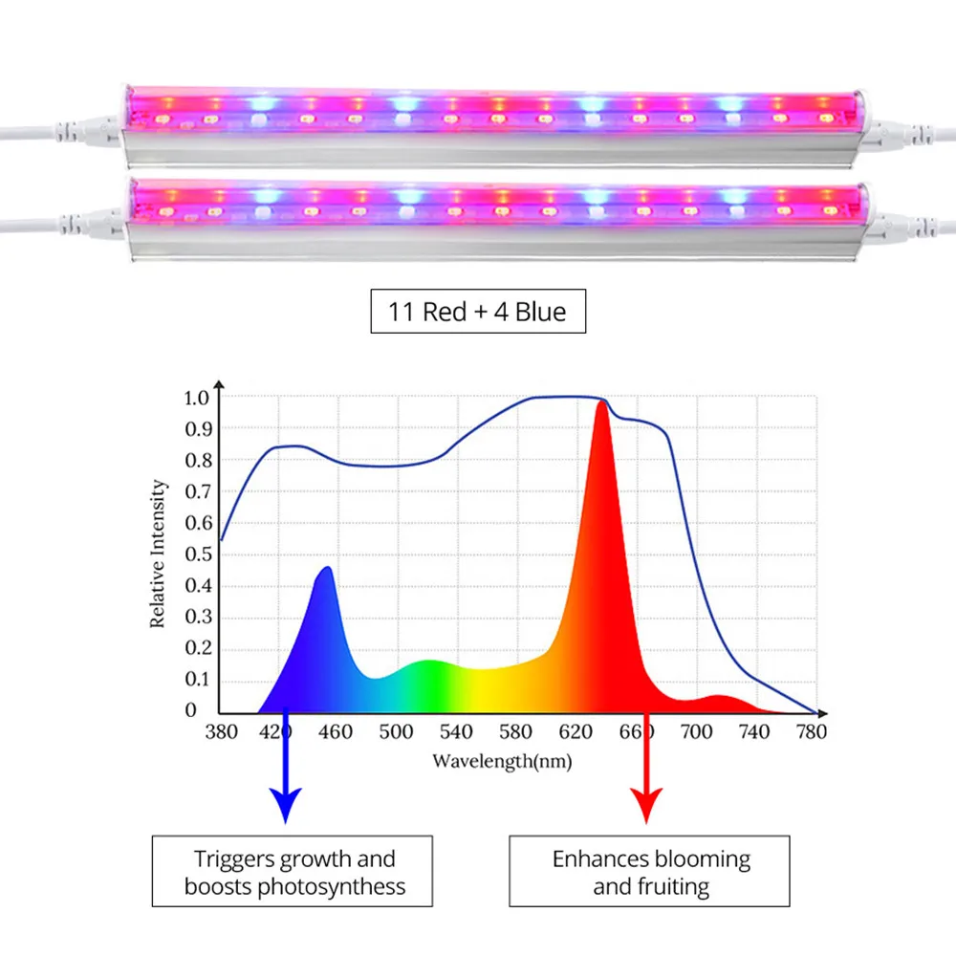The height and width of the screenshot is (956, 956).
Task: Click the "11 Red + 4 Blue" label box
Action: pyautogui.click(x=477, y=311)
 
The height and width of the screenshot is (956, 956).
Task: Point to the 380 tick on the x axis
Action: pyautogui.click(x=221, y=731)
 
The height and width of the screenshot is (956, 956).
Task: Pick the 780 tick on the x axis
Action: pyautogui.click(x=811, y=731)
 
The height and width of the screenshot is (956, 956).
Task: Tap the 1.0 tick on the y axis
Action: pyautogui.click(x=196, y=397)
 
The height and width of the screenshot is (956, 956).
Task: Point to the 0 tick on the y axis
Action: pyautogui.click(x=191, y=710)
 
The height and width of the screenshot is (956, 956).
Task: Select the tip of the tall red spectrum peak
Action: pyautogui.click(x=601, y=402)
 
